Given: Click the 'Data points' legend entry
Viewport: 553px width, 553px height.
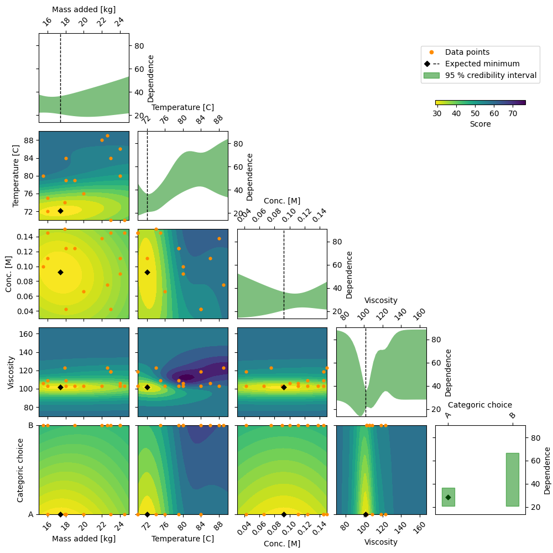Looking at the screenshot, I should tap(467, 52).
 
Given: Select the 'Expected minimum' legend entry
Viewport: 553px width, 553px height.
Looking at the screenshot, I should tap(482, 64).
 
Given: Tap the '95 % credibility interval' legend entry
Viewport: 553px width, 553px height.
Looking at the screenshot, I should tap(491, 75).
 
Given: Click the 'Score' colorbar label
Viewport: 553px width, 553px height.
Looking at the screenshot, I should tap(480, 124).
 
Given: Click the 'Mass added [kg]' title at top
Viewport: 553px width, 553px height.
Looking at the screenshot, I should tap(84, 9).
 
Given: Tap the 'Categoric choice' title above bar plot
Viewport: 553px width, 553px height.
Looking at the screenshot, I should tap(480, 405).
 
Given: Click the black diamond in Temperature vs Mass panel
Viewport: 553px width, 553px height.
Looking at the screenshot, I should tap(60, 211).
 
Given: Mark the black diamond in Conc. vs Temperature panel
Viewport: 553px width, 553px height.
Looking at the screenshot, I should tap(147, 272).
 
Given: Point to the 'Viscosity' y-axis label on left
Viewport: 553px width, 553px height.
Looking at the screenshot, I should tap(11, 372).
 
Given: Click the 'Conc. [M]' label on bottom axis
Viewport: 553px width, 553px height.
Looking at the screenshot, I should tap(281, 544).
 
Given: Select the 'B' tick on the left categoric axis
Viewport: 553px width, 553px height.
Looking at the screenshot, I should tap(31, 425).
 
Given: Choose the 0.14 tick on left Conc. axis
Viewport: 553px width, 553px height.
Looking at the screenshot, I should tap(25, 237).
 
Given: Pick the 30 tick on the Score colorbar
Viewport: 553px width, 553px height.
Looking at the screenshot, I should tap(437, 113).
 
